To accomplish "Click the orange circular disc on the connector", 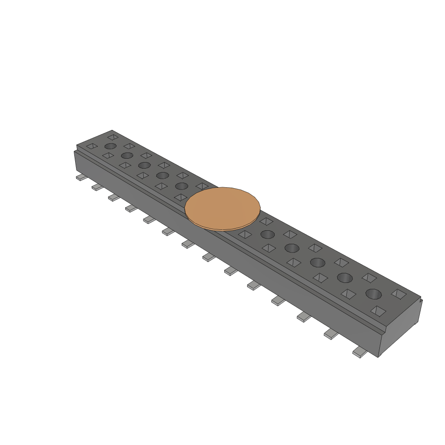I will [222, 209].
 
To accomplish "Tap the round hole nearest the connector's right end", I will [373, 294].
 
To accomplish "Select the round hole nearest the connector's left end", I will [110, 146].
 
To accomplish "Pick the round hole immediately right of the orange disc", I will [267, 235].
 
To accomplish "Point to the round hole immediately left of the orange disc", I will [181, 186].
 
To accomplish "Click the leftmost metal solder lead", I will [81, 177].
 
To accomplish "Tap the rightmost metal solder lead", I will [359, 353].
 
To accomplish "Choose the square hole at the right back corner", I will [399, 294].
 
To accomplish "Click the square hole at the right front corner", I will [378, 311].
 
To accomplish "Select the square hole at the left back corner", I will [113, 137].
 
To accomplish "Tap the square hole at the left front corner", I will [92, 146].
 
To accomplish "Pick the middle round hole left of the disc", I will [144, 165].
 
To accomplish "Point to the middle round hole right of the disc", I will [317, 262].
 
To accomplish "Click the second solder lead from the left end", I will [97, 187].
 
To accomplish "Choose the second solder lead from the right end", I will [331, 334].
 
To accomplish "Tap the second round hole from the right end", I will [345, 277].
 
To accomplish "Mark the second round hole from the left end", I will [127, 155].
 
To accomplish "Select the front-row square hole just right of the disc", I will [245, 235].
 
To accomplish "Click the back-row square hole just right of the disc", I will [266, 221].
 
